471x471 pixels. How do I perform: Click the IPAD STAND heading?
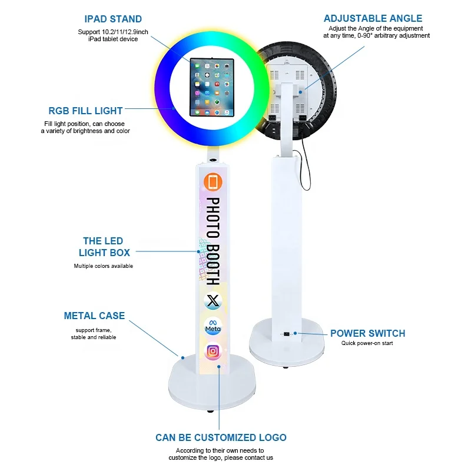(113, 19)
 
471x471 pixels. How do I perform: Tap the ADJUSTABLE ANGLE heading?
(373, 19)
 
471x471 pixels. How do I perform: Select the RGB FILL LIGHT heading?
(86, 111)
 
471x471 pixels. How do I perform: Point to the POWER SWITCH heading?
(367, 334)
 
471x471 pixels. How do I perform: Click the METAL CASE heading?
(94, 316)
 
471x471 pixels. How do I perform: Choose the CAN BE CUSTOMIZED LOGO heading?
(221, 437)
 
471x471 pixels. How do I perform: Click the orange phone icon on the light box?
(213, 183)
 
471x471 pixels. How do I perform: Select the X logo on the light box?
(213, 301)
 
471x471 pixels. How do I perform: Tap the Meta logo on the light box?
(213, 327)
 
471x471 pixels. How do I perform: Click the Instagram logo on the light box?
(213, 351)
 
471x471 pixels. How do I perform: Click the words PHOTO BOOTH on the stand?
(213, 241)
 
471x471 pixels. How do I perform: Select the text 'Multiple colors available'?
(104, 266)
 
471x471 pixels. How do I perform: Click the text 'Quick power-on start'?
(367, 343)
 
